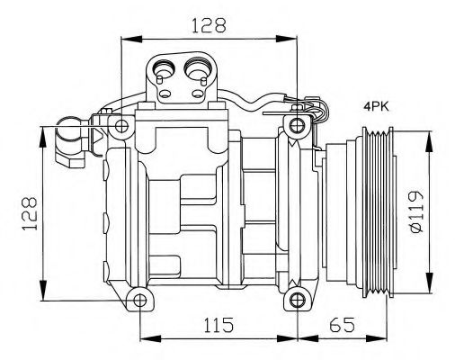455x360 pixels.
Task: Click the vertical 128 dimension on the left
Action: click(x=30, y=213)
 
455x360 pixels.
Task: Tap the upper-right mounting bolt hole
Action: click(x=297, y=122)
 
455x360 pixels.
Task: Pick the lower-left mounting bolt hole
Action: click(x=137, y=299)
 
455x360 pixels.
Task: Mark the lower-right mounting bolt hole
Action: click(x=296, y=299)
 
